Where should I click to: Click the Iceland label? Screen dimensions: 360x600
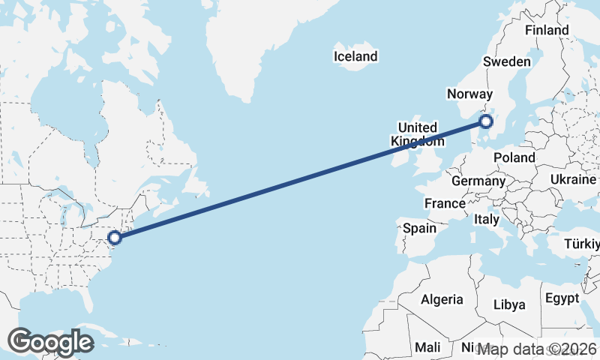click(356, 56)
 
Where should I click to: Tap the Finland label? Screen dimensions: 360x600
click(547, 30)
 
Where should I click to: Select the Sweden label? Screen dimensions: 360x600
click(508, 61)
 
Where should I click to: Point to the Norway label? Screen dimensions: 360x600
click(469, 94)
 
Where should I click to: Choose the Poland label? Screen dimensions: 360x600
click(514, 157)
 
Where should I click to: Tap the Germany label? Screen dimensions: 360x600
click(478, 181)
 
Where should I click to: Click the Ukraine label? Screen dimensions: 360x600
click(573, 180)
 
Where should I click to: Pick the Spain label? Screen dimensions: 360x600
click(420, 228)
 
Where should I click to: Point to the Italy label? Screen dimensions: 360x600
click(487, 220)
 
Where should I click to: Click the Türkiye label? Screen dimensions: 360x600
click(582, 245)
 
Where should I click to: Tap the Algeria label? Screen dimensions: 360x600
click(442, 299)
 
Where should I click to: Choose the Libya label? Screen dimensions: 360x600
click(508, 304)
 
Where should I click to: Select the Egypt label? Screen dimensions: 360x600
click(562, 298)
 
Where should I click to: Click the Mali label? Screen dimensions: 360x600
click(428, 347)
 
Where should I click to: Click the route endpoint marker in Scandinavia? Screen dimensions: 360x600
click(486, 121)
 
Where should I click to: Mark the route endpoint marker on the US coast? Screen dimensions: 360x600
click(114, 238)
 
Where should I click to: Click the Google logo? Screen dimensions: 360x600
click(51, 342)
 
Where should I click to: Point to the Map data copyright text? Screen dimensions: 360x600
click(537, 349)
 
